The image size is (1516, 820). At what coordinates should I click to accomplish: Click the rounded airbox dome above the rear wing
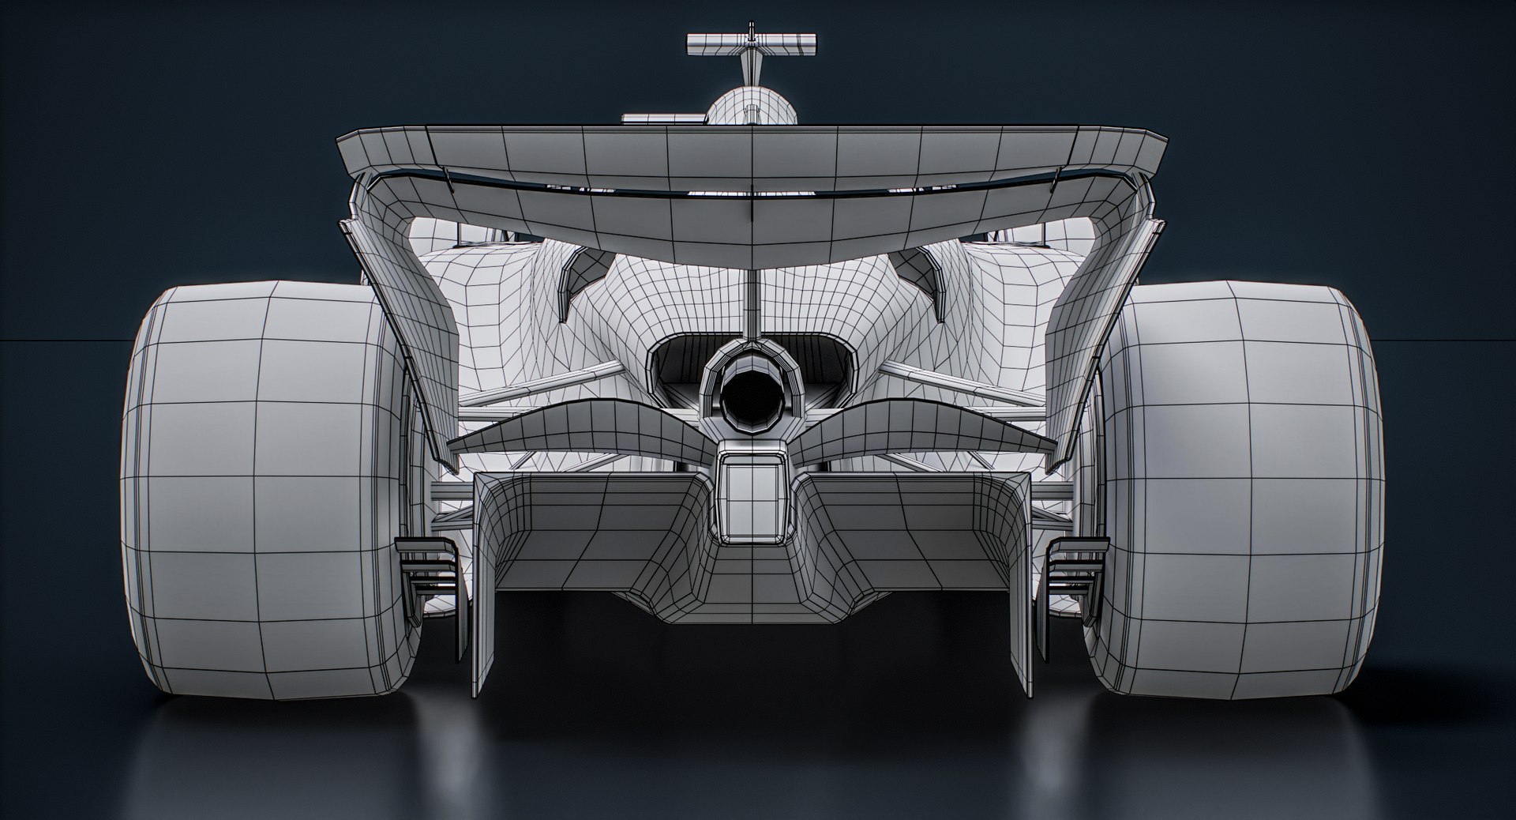(x=751, y=107)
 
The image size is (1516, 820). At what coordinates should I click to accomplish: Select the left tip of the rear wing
(x=347, y=146)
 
